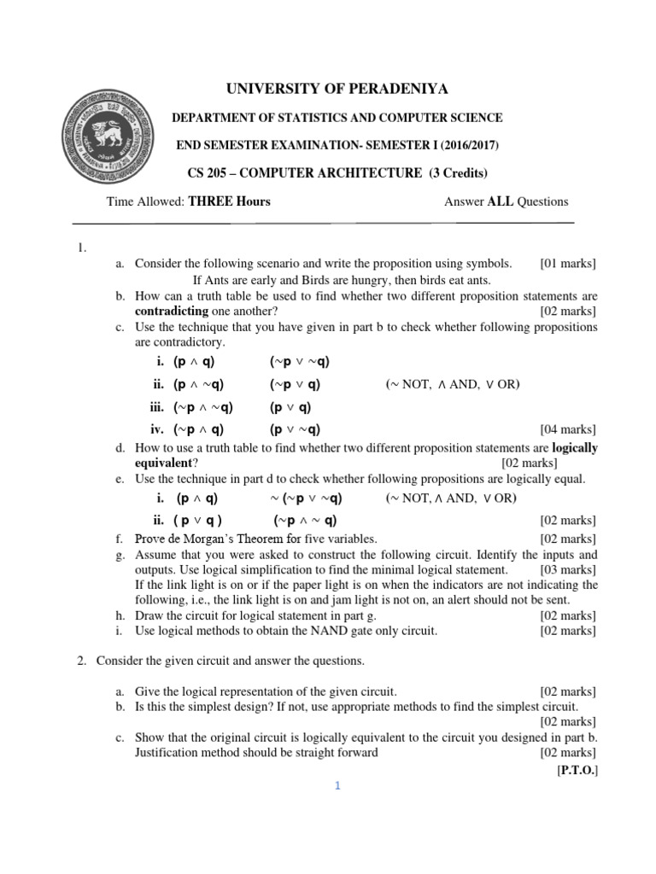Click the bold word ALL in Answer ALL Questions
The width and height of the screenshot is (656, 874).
coord(501,201)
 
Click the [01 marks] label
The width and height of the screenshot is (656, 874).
coord(568,264)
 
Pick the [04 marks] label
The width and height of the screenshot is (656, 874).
coord(568,429)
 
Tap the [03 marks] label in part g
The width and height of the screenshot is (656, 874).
coord(568,569)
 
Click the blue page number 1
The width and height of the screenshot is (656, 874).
coord(337,787)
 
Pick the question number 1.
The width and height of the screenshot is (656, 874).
coord(82,248)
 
